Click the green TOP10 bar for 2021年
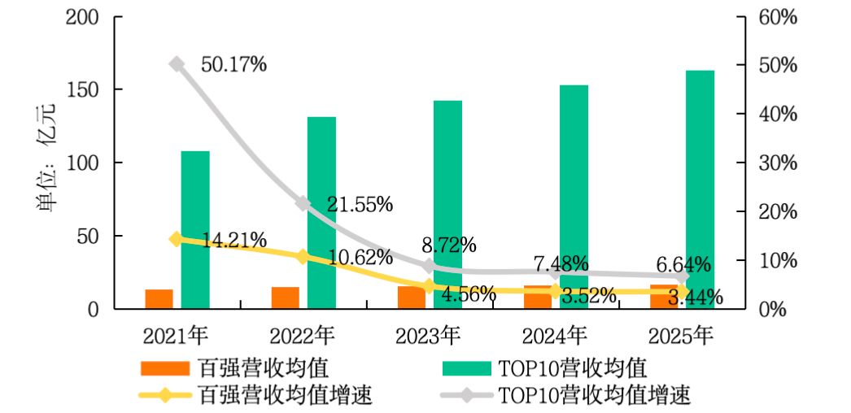(x=195, y=230)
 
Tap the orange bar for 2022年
(x=286, y=298)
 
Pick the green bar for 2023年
(x=447, y=205)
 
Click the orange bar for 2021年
(x=159, y=299)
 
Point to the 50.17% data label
(x=234, y=64)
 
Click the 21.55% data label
(x=360, y=204)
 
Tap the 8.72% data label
(x=449, y=244)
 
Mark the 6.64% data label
(x=683, y=264)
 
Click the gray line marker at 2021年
(x=176, y=64)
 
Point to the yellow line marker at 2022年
(x=302, y=257)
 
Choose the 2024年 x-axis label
(x=555, y=334)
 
